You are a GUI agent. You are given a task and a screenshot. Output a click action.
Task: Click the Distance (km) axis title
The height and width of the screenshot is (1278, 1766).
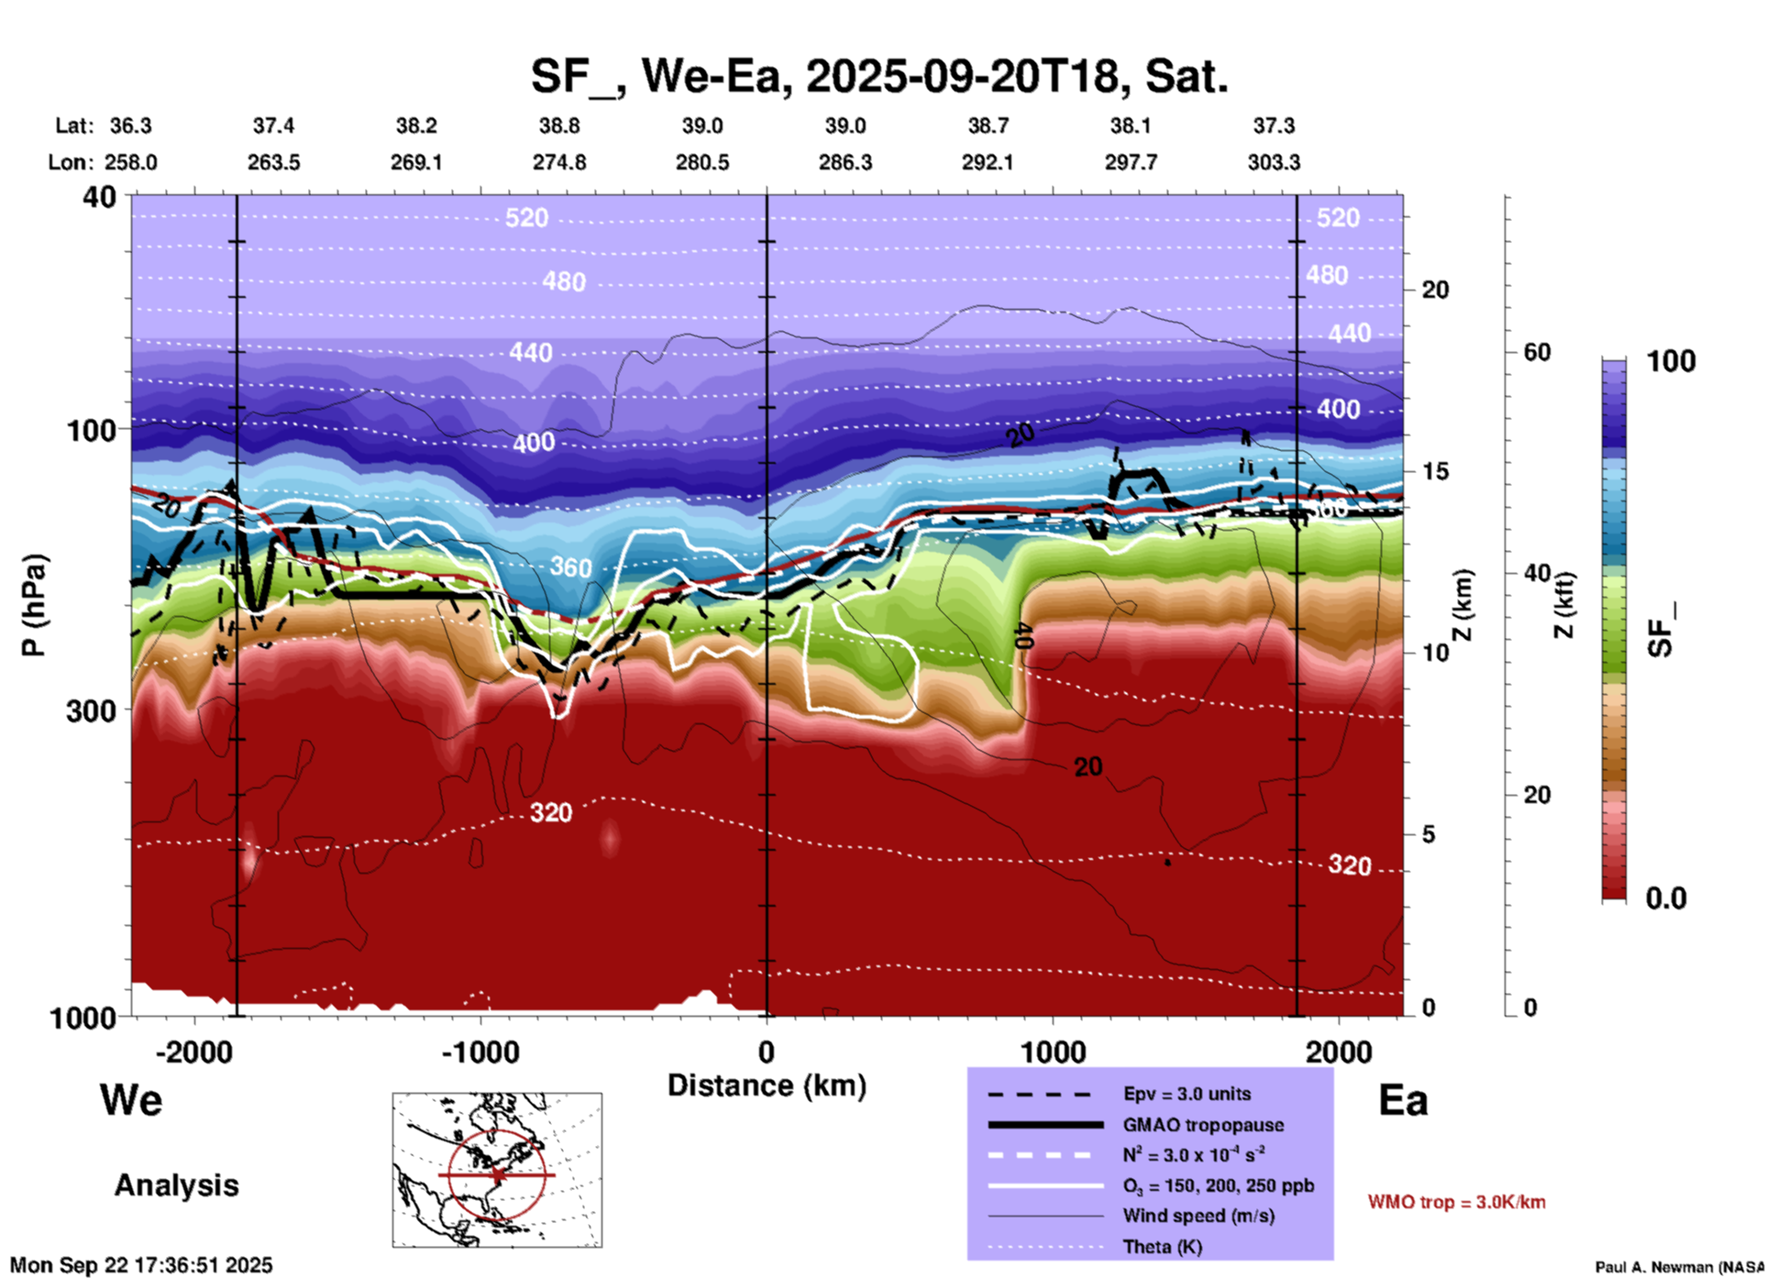[767, 1085]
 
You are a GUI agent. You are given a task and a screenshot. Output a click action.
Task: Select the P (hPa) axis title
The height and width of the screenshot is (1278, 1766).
[34, 605]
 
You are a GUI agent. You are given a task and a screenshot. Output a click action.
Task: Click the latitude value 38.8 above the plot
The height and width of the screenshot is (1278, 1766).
[558, 126]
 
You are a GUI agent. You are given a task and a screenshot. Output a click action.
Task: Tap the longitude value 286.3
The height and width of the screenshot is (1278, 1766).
[844, 162]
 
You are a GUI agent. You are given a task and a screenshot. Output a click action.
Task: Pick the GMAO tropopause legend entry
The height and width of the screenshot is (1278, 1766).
[1203, 1125]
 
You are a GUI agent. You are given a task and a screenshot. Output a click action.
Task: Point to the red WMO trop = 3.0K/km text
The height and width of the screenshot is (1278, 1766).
[1456, 1202]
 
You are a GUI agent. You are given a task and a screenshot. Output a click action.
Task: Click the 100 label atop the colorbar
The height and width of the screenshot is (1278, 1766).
[1671, 361]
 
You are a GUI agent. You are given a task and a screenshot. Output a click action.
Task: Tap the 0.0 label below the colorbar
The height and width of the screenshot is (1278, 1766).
[1666, 898]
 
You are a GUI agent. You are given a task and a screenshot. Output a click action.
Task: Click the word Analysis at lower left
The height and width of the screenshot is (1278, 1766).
[176, 1185]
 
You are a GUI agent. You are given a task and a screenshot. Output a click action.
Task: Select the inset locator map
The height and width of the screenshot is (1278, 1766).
[497, 1170]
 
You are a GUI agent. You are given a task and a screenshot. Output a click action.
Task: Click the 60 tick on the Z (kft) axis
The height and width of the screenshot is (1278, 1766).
[1537, 352]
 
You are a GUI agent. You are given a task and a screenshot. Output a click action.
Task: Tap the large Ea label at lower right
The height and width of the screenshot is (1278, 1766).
[1403, 1101]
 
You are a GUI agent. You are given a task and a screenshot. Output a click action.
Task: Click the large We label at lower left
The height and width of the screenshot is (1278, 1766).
[131, 1099]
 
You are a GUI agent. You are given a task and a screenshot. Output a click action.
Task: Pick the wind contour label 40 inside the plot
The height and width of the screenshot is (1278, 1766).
[1024, 635]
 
